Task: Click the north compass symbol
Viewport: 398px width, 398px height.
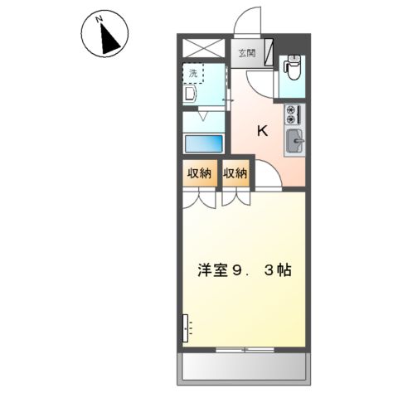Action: (104, 35)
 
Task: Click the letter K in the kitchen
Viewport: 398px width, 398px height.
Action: (262, 130)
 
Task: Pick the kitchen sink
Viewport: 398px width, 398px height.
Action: (294, 143)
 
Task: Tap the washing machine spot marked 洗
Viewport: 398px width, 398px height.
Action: (193, 74)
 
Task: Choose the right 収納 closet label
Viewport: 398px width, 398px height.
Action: (235, 173)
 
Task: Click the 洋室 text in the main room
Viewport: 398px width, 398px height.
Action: (212, 269)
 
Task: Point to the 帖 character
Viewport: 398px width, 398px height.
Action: (284, 269)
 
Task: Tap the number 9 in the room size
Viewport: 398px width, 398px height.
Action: (238, 269)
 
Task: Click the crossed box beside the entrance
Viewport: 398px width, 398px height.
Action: (204, 48)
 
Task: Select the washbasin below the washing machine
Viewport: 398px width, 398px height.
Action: (190, 95)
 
